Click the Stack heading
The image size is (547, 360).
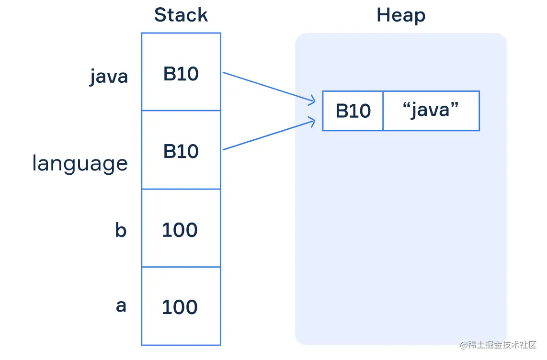181,15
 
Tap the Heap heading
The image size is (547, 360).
401,15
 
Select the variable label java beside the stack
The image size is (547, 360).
109,77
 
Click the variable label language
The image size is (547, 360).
80,163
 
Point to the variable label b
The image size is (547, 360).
121,230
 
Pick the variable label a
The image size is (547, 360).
121,306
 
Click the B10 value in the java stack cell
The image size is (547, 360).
181,74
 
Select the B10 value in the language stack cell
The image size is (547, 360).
181,151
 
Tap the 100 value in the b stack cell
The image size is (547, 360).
180,230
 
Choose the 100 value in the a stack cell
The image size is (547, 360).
180,307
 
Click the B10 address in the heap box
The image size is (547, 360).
353,111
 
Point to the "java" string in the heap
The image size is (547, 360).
431,110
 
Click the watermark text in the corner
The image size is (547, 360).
498,345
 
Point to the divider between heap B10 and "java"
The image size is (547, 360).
383,111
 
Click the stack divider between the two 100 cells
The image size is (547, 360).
181,267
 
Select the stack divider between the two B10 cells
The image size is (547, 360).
181,111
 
